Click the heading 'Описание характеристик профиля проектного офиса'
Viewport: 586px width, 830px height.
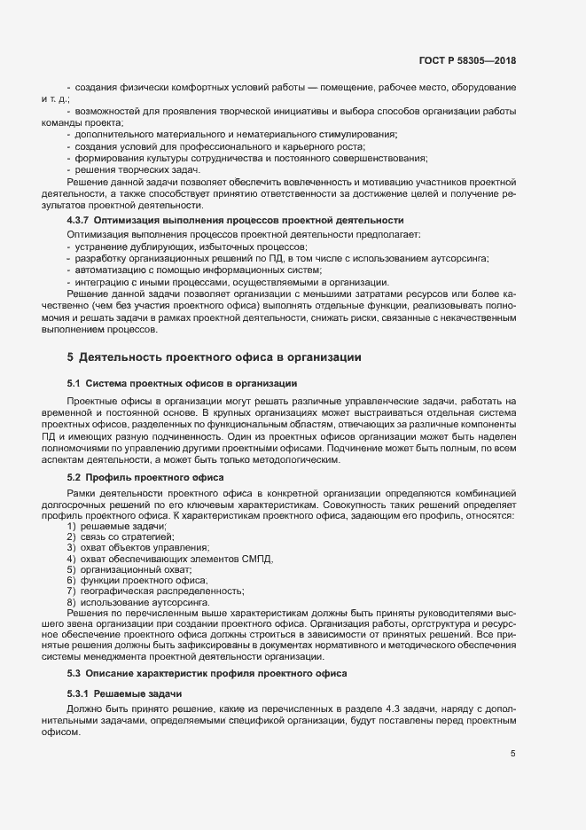point(212,674)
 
